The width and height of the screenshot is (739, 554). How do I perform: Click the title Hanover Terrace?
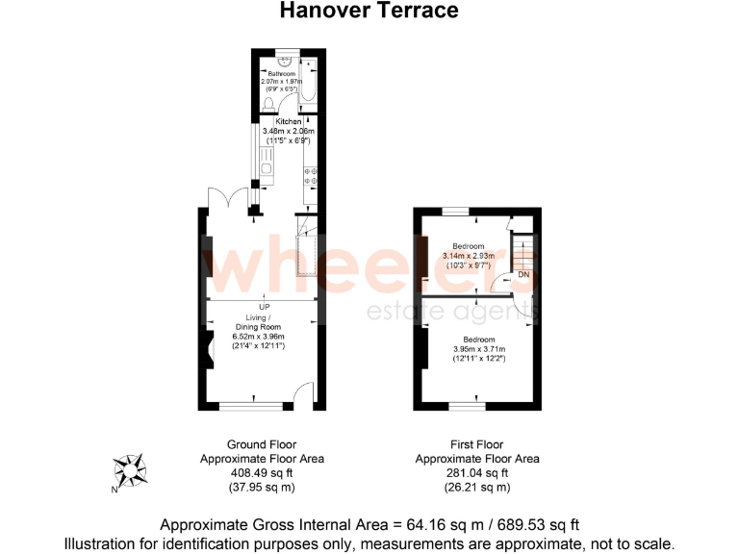[x=369, y=11]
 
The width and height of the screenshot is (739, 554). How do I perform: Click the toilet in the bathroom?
[x=268, y=104]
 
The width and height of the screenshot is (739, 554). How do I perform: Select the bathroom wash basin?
[x=282, y=64]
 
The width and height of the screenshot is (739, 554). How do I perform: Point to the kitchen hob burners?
[x=312, y=175]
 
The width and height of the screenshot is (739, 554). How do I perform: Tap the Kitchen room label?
[x=289, y=122]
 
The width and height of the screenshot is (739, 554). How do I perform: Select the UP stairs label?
[x=264, y=307]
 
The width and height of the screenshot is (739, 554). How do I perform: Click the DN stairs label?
[x=523, y=275]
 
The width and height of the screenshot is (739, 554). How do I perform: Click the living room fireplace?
[x=208, y=350]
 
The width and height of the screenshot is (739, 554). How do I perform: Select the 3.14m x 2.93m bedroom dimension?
[x=469, y=256]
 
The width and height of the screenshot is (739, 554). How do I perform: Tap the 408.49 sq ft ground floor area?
[x=262, y=473]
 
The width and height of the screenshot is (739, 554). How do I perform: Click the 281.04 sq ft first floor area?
[x=477, y=473]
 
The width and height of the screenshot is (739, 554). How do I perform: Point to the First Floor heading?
[x=477, y=444]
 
